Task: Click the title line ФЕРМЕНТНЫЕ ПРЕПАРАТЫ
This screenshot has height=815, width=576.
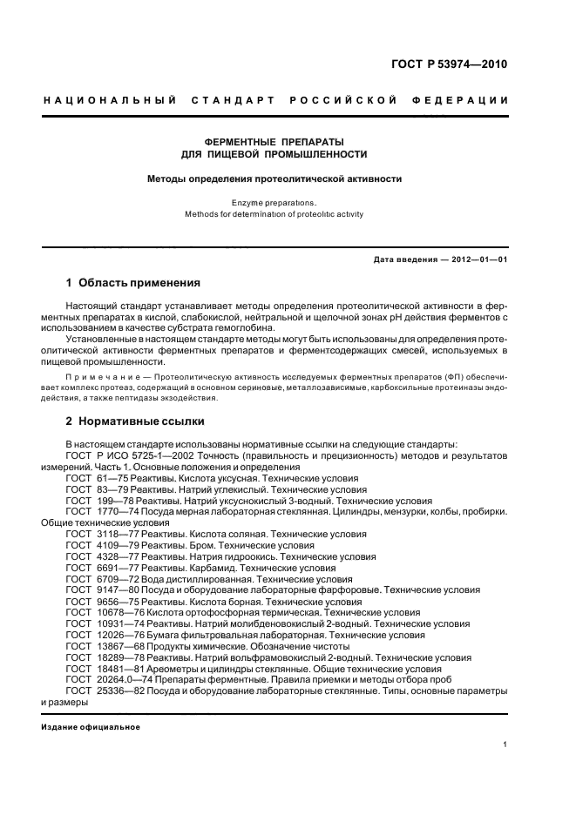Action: [x=274, y=141]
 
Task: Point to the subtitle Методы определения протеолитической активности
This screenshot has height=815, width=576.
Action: [x=274, y=178]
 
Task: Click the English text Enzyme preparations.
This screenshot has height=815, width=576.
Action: [x=274, y=202]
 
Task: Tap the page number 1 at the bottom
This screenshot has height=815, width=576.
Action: [x=505, y=744]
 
